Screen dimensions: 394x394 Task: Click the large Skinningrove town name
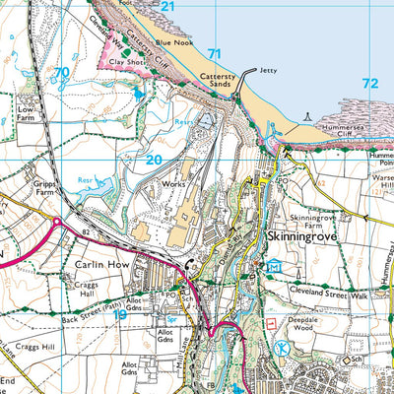click(x=302, y=238)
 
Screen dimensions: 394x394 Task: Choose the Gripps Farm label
click(x=19, y=189)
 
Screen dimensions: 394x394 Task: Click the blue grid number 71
click(x=215, y=53)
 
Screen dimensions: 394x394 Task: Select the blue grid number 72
click(x=369, y=84)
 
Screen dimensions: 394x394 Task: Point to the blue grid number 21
click(x=167, y=7)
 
